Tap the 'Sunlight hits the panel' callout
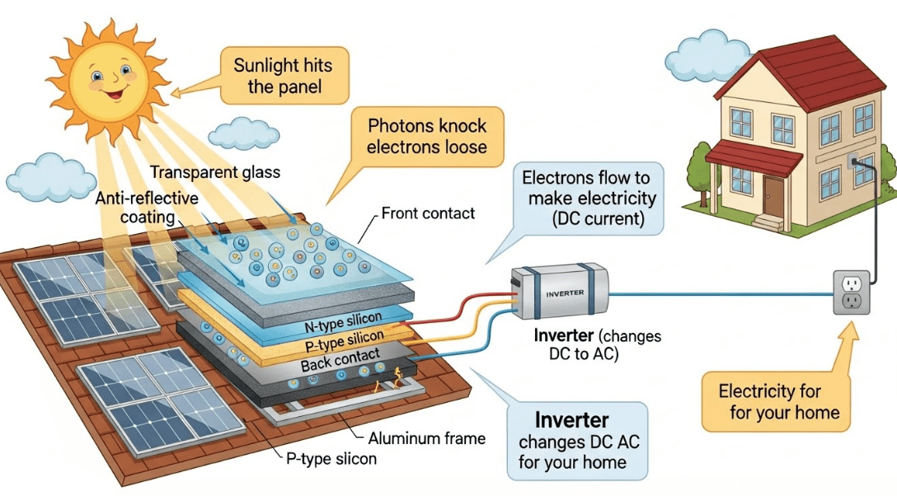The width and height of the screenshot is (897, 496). [283, 75]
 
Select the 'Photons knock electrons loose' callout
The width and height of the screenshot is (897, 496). [426, 138]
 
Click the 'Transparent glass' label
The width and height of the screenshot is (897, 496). [215, 172]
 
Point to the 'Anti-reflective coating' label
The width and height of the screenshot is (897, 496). [148, 208]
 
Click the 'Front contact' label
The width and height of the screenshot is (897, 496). [428, 213]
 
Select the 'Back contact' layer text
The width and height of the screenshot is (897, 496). [340, 360]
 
